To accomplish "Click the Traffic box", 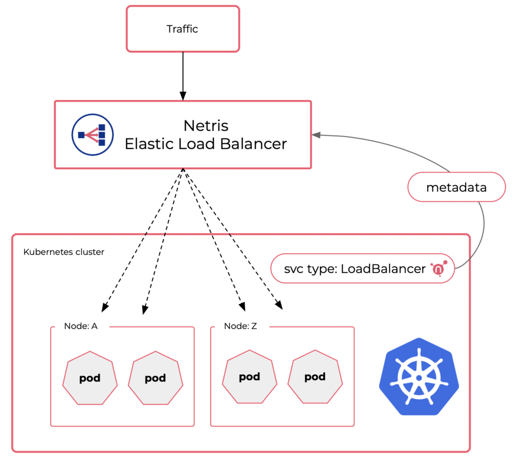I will pos(183,29).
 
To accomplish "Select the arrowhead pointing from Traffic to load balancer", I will pos(183,95).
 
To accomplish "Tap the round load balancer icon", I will pos(92,134).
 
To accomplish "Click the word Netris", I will pos(206,126).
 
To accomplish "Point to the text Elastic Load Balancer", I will pos(206,144).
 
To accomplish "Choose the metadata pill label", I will pos(456,187).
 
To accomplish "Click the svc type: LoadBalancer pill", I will pos(362,269).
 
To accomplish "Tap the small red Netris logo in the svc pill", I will pos(439,269).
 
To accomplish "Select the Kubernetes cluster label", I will pos(64,252).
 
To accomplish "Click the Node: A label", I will pos(80,326).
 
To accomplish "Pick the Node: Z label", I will pos(240,326).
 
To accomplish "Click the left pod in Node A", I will pos(90,379).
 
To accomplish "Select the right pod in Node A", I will pos(155,379).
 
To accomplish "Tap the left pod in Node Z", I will pos(249,377).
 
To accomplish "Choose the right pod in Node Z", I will pos(315,377).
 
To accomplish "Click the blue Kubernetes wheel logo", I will pos(419,376).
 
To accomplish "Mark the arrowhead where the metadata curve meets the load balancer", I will pos(317,135).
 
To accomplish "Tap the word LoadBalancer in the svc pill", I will pos(383,269).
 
